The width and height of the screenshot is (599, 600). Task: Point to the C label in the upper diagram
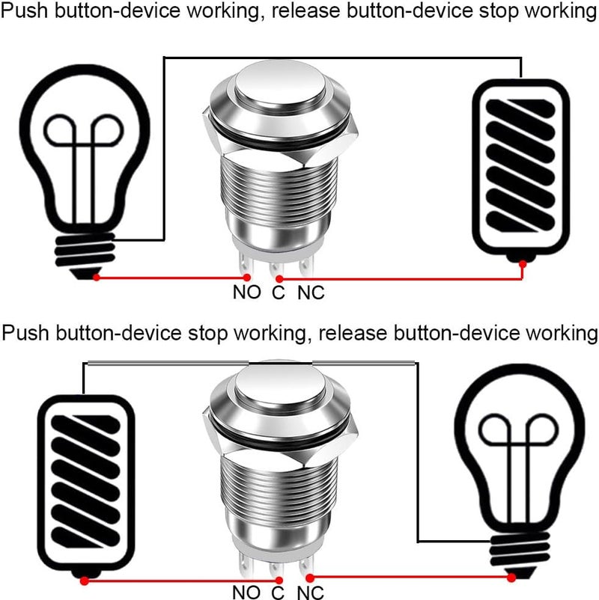pos(279,293)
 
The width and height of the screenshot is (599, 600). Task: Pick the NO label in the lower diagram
pos(246,592)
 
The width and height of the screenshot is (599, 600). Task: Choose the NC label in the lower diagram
pos(311,592)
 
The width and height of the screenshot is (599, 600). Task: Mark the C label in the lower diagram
pos(279,592)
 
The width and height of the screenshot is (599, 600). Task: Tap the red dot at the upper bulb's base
pos(97,278)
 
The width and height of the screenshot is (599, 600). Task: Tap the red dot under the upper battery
pos(522,263)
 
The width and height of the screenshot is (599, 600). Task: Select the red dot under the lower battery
pos(84,580)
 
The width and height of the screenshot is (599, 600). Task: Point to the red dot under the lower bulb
pos(512,578)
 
